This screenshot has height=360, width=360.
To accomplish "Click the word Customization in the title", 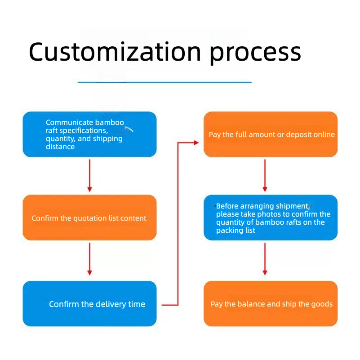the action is click(x=115, y=52).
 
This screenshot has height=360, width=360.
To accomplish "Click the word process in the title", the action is click(x=255, y=54).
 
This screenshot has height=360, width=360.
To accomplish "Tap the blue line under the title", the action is click(x=164, y=82).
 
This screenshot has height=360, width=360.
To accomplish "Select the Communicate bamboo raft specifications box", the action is click(x=89, y=134).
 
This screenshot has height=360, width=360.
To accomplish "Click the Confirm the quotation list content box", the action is click(x=89, y=218).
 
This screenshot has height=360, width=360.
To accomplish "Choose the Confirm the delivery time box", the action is click(x=89, y=303).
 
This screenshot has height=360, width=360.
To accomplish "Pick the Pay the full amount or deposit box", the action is click(x=271, y=134).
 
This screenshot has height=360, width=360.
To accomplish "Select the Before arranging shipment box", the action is click(x=271, y=218).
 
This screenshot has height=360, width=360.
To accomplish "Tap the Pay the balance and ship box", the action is click(x=271, y=303).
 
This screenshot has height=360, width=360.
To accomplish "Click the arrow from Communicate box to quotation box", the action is click(x=90, y=176).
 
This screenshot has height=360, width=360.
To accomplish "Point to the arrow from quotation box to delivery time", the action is click(x=90, y=259).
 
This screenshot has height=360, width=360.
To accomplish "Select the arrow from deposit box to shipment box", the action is click(x=265, y=176).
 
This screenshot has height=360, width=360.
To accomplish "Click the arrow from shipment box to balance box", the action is click(x=265, y=259).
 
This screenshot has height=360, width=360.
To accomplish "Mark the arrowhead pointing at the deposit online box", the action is click(x=196, y=142).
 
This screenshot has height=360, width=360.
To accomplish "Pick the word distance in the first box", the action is click(x=60, y=147).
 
